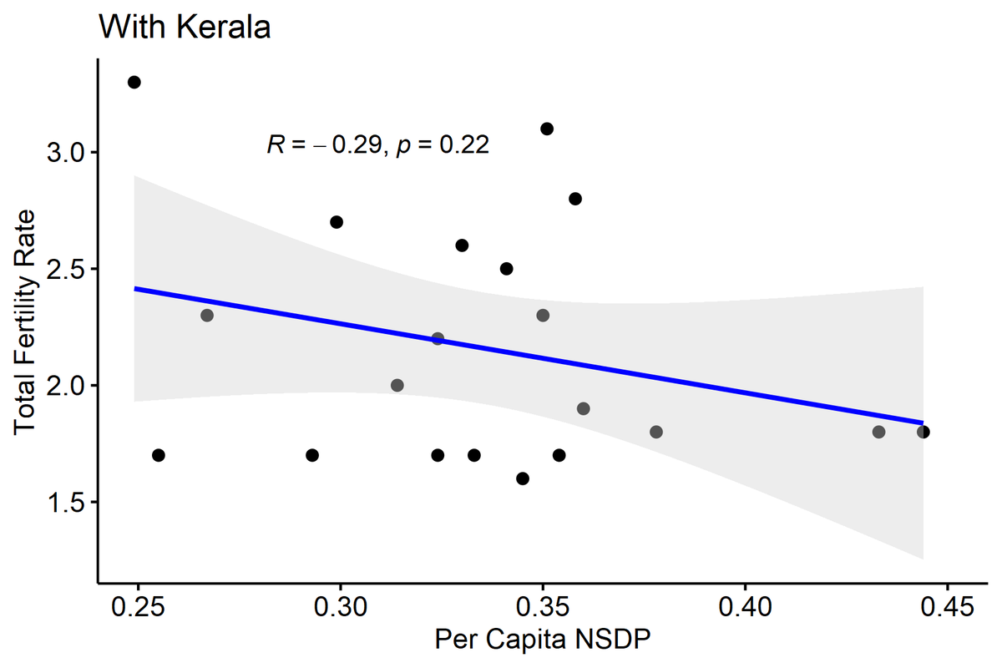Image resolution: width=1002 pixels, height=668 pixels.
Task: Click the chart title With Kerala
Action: coord(185,28)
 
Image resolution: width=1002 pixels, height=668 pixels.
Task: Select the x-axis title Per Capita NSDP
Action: coord(542,640)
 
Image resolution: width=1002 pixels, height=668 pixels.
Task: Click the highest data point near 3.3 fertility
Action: coord(134,82)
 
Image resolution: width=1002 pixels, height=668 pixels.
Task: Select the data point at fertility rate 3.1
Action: coord(547,129)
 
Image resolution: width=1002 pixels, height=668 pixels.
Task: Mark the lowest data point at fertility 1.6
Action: coord(523,478)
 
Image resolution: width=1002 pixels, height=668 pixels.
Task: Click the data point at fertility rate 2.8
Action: coord(575,199)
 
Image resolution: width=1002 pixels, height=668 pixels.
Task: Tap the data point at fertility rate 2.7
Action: coord(337,222)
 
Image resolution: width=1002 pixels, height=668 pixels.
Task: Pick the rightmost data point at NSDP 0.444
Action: coord(923,432)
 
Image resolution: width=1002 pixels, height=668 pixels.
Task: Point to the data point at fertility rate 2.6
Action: coord(462,245)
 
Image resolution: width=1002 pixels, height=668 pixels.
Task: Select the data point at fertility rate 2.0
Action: coord(397,385)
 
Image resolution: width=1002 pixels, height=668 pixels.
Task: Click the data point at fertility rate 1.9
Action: coord(584,408)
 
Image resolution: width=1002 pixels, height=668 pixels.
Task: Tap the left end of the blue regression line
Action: coord(136,289)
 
